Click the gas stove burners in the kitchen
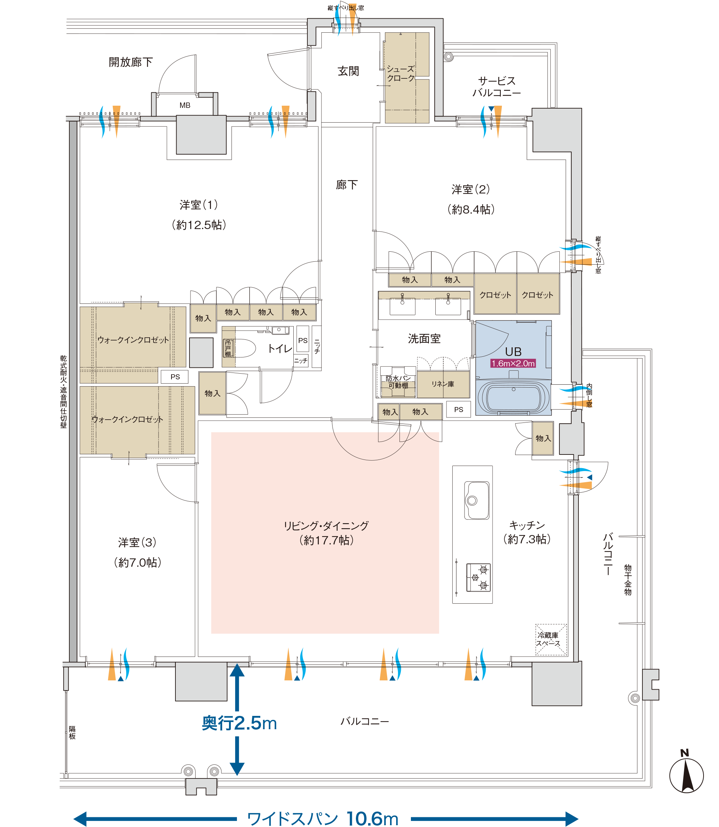pyautogui.click(x=478, y=578)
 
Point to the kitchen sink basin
pyautogui.click(x=477, y=501)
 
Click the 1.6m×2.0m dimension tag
pyautogui.click(x=513, y=364)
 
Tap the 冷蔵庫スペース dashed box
pyautogui.click(x=551, y=640)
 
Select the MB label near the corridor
pyautogui.click(x=185, y=105)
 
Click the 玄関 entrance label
pyautogui.click(x=348, y=72)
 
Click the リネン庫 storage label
pyautogui.click(x=443, y=384)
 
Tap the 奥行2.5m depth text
pyautogui.click(x=239, y=723)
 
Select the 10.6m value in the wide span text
pyautogui.click(x=372, y=819)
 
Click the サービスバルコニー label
pyautogui.click(x=497, y=87)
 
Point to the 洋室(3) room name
pyautogui.click(x=137, y=543)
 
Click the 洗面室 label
pyautogui.click(x=424, y=339)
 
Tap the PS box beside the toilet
pyautogui.click(x=303, y=341)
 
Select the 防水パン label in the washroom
pyautogui.click(x=398, y=378)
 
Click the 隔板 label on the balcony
pyautogui.click(x=72, y=733)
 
